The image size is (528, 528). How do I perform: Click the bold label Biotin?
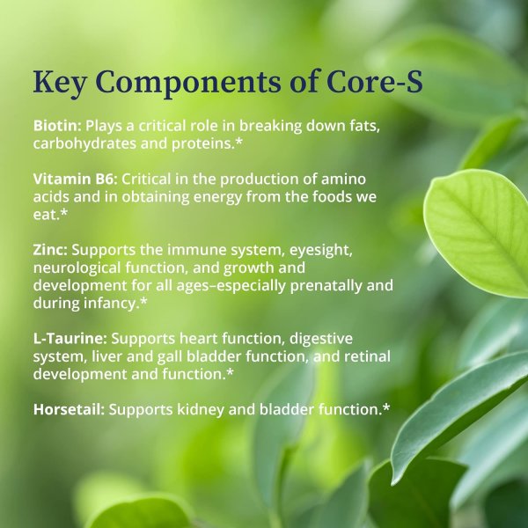57,126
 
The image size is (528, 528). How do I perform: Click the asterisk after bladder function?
386,408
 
